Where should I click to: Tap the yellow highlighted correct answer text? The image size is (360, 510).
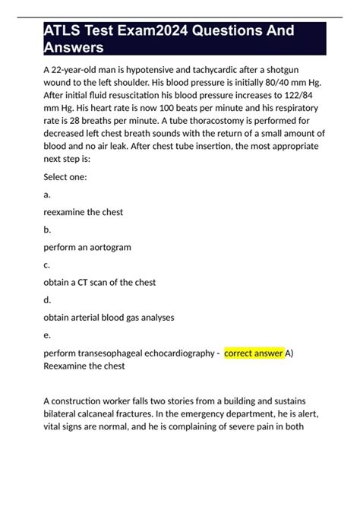pos(254,353)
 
